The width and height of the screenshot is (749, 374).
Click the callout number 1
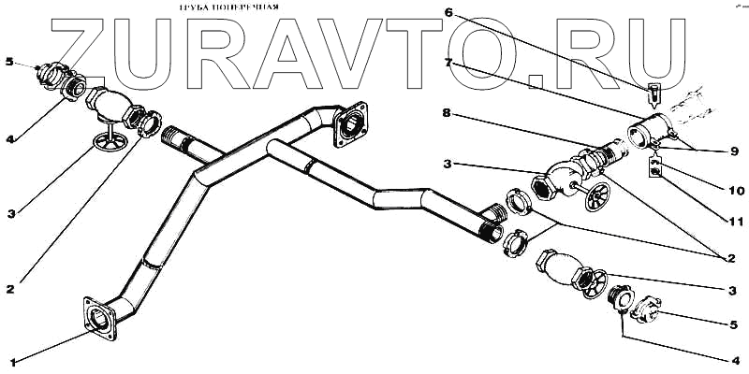12,361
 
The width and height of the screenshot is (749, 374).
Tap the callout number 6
448,13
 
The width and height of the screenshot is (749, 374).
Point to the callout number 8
448,113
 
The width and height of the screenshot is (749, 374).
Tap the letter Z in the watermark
89,45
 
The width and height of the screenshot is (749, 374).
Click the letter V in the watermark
374,45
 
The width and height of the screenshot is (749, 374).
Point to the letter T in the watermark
448,45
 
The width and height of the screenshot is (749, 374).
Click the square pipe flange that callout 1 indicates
101,316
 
